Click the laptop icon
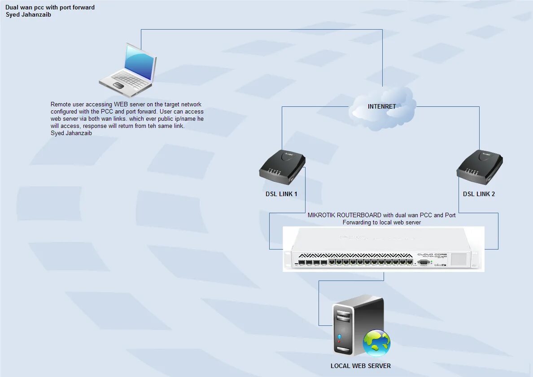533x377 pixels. pos(128,70)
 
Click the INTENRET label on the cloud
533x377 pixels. pos(382,106)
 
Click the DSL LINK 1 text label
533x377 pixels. pos(281,194)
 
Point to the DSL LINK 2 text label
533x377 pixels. pos(479,194)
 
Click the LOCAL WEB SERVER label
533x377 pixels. pos(360,366)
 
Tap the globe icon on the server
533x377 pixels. pos(376,343)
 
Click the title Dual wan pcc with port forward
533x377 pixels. pos(50,8)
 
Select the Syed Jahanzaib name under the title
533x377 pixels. pos(29,14)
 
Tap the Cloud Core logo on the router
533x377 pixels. pos(432,255)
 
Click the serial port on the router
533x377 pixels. pos(423,262)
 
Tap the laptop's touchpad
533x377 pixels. pos(118,85)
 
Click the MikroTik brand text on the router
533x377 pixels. pos(440,265)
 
